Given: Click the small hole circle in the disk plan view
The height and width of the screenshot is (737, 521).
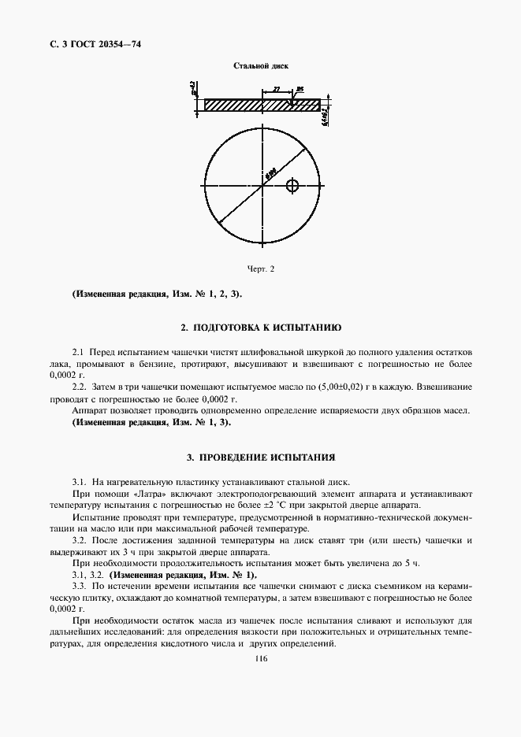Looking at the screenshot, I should point(293,186).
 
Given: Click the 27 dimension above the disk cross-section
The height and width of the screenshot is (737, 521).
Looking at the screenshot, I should point(276,90).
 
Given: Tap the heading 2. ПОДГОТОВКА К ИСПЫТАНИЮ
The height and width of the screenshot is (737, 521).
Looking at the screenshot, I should point(260,326).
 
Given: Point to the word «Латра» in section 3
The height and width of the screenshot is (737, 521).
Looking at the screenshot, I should point(133,494).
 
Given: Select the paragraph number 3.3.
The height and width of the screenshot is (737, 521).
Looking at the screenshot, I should point(79,587).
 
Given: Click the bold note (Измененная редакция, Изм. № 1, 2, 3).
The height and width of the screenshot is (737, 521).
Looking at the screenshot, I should point(157,294).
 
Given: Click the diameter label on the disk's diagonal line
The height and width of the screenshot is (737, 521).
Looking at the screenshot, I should point(270,175).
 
